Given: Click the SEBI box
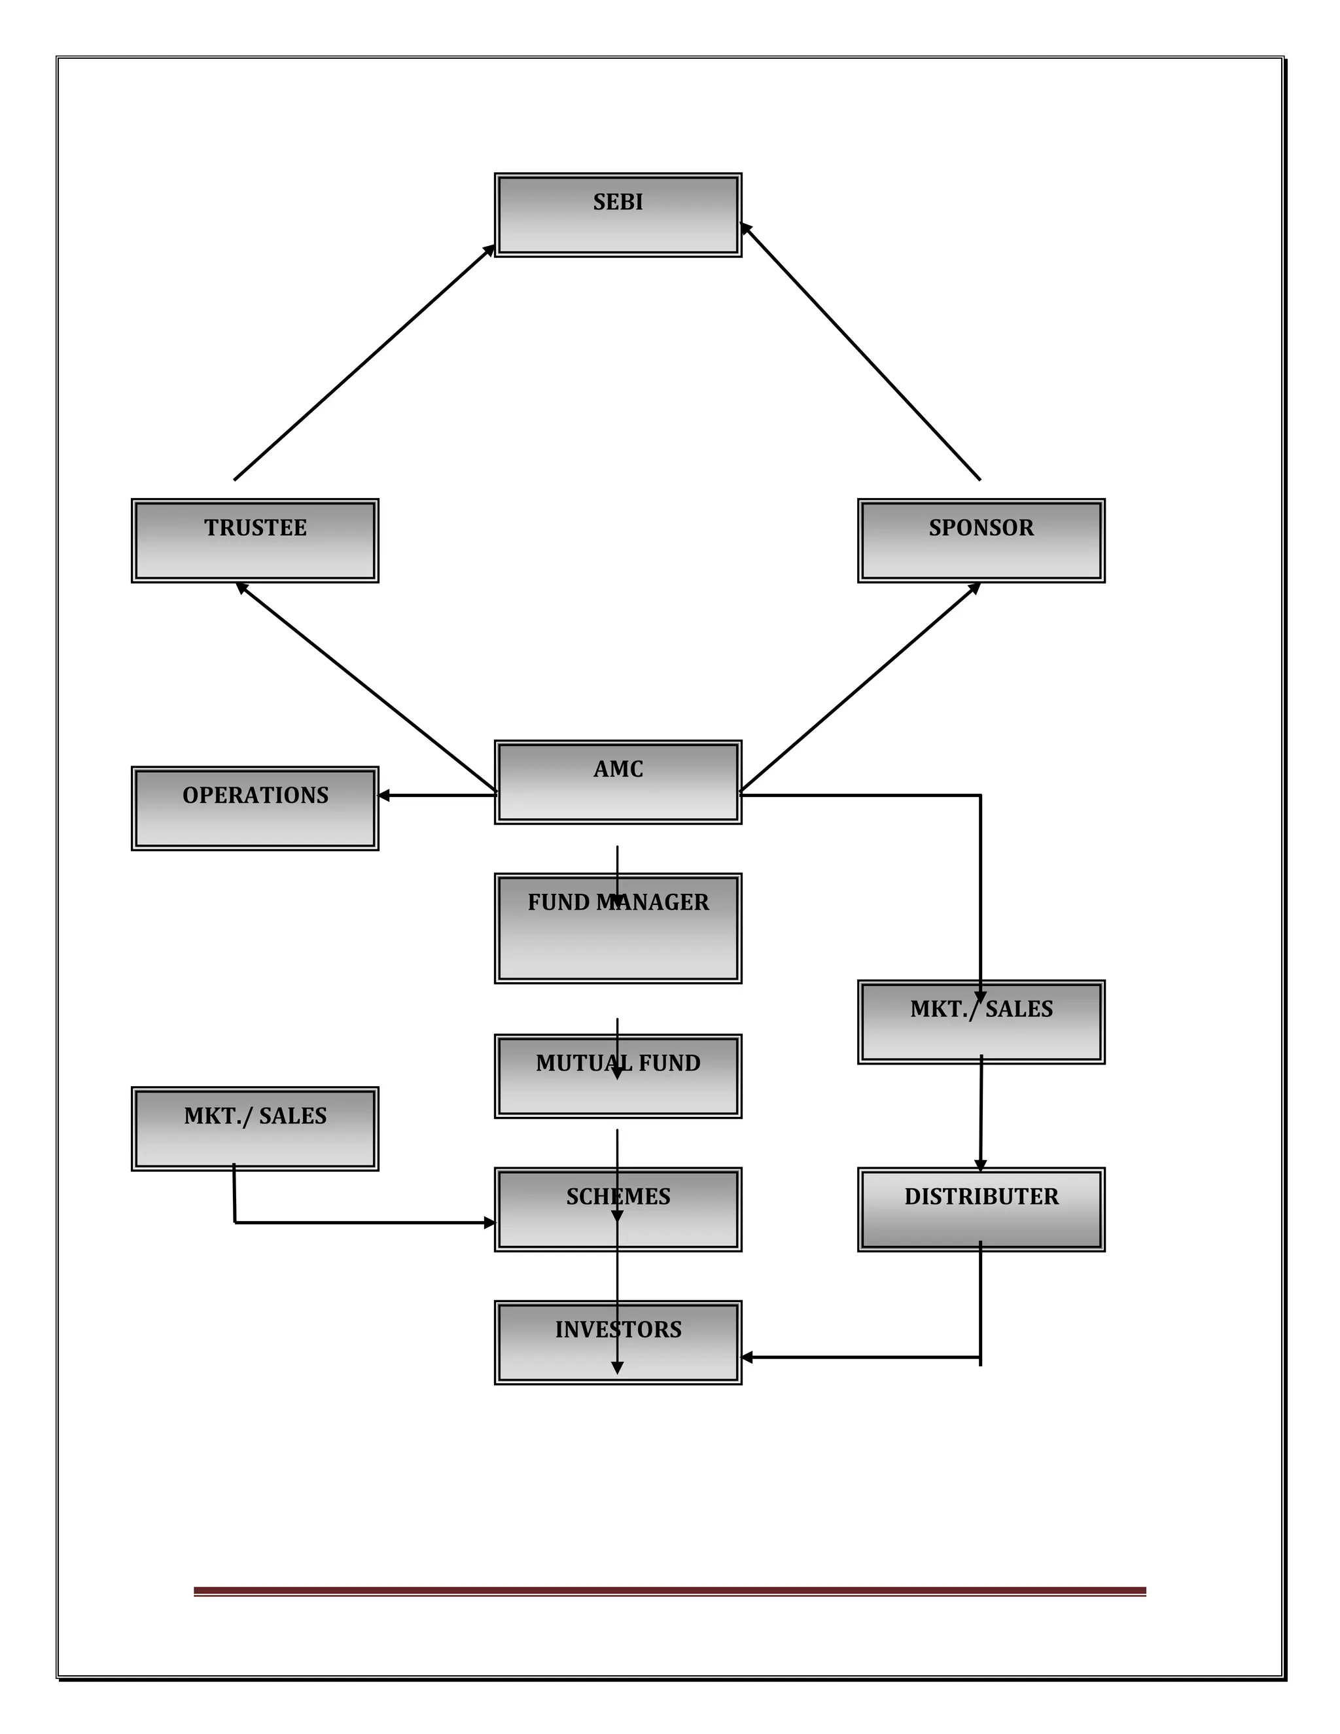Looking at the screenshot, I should [618, 215].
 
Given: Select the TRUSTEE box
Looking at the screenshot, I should [255, 540].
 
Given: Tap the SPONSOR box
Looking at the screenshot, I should [981, 540].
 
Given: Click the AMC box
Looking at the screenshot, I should [618, 782].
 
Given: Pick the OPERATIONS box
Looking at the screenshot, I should [255, 808].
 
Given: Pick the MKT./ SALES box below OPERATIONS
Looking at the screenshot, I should [255, 1128].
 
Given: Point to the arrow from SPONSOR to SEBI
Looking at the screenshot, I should [860, 352].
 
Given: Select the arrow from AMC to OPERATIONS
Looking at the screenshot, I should [436, 796].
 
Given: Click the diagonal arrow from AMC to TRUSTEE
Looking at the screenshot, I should [365, 688].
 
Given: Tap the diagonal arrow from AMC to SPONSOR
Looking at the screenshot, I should [860, 688].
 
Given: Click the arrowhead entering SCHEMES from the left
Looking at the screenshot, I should [489, 1223].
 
